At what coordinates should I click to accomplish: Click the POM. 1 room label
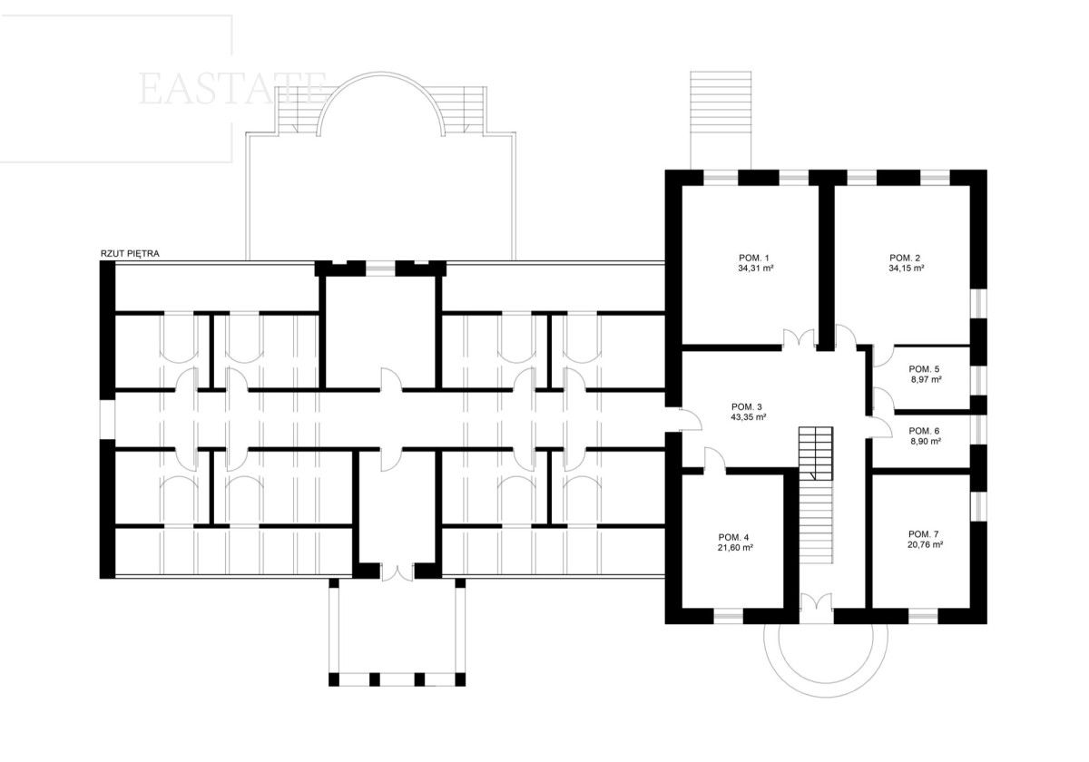pyautogui.click(x=753, y=258)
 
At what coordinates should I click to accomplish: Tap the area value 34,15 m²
pyautogui.click(x=907, y=268)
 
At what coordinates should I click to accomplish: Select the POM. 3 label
pyautogui.click(x=746, y=406)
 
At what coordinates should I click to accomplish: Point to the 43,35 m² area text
pyautogui.click(x=749, y=417)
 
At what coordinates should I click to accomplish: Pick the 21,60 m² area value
pyautogui.click(x=736, y=547)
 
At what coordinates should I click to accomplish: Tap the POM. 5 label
pyautogui.click(x=924, y=369)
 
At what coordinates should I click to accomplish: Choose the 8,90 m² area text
pyautogui.click(x=926, y=441)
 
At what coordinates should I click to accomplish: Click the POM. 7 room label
pyautogui.click(x=924, y=534)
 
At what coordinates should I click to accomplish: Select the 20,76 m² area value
pyautogui.click(x=925, y=545)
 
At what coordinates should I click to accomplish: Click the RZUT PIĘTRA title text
pyautogui.click(x=130, y=254)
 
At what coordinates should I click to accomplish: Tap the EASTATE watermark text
pyautogui.click(x=232, y=89)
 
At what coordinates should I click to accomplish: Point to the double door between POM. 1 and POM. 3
pyautogui.click(x=799, y=338)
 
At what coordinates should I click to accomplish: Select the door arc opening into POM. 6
pyautogui.click(x=881, y=427)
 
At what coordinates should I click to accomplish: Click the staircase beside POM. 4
pyautogui.click(x=816, y=495)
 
